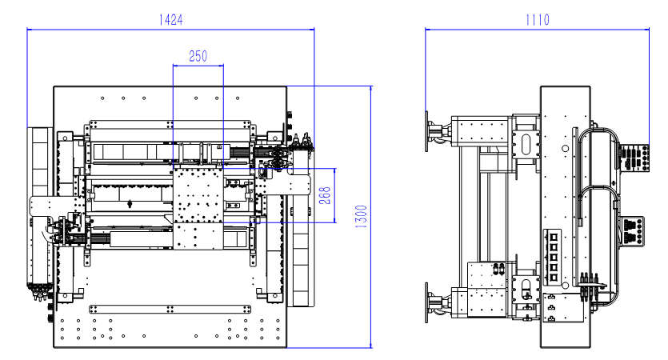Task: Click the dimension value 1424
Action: [171, 19]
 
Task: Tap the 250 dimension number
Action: [198, 56]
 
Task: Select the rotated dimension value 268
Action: [325, 195]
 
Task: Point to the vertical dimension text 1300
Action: [361, 217]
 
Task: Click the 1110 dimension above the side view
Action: [538, 19]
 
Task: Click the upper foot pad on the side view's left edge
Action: [426, 131]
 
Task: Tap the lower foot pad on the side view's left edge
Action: [426, 302]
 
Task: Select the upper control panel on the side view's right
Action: [634, 158]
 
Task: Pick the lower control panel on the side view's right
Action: [633, 231]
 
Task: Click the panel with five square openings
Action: [553, 257]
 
